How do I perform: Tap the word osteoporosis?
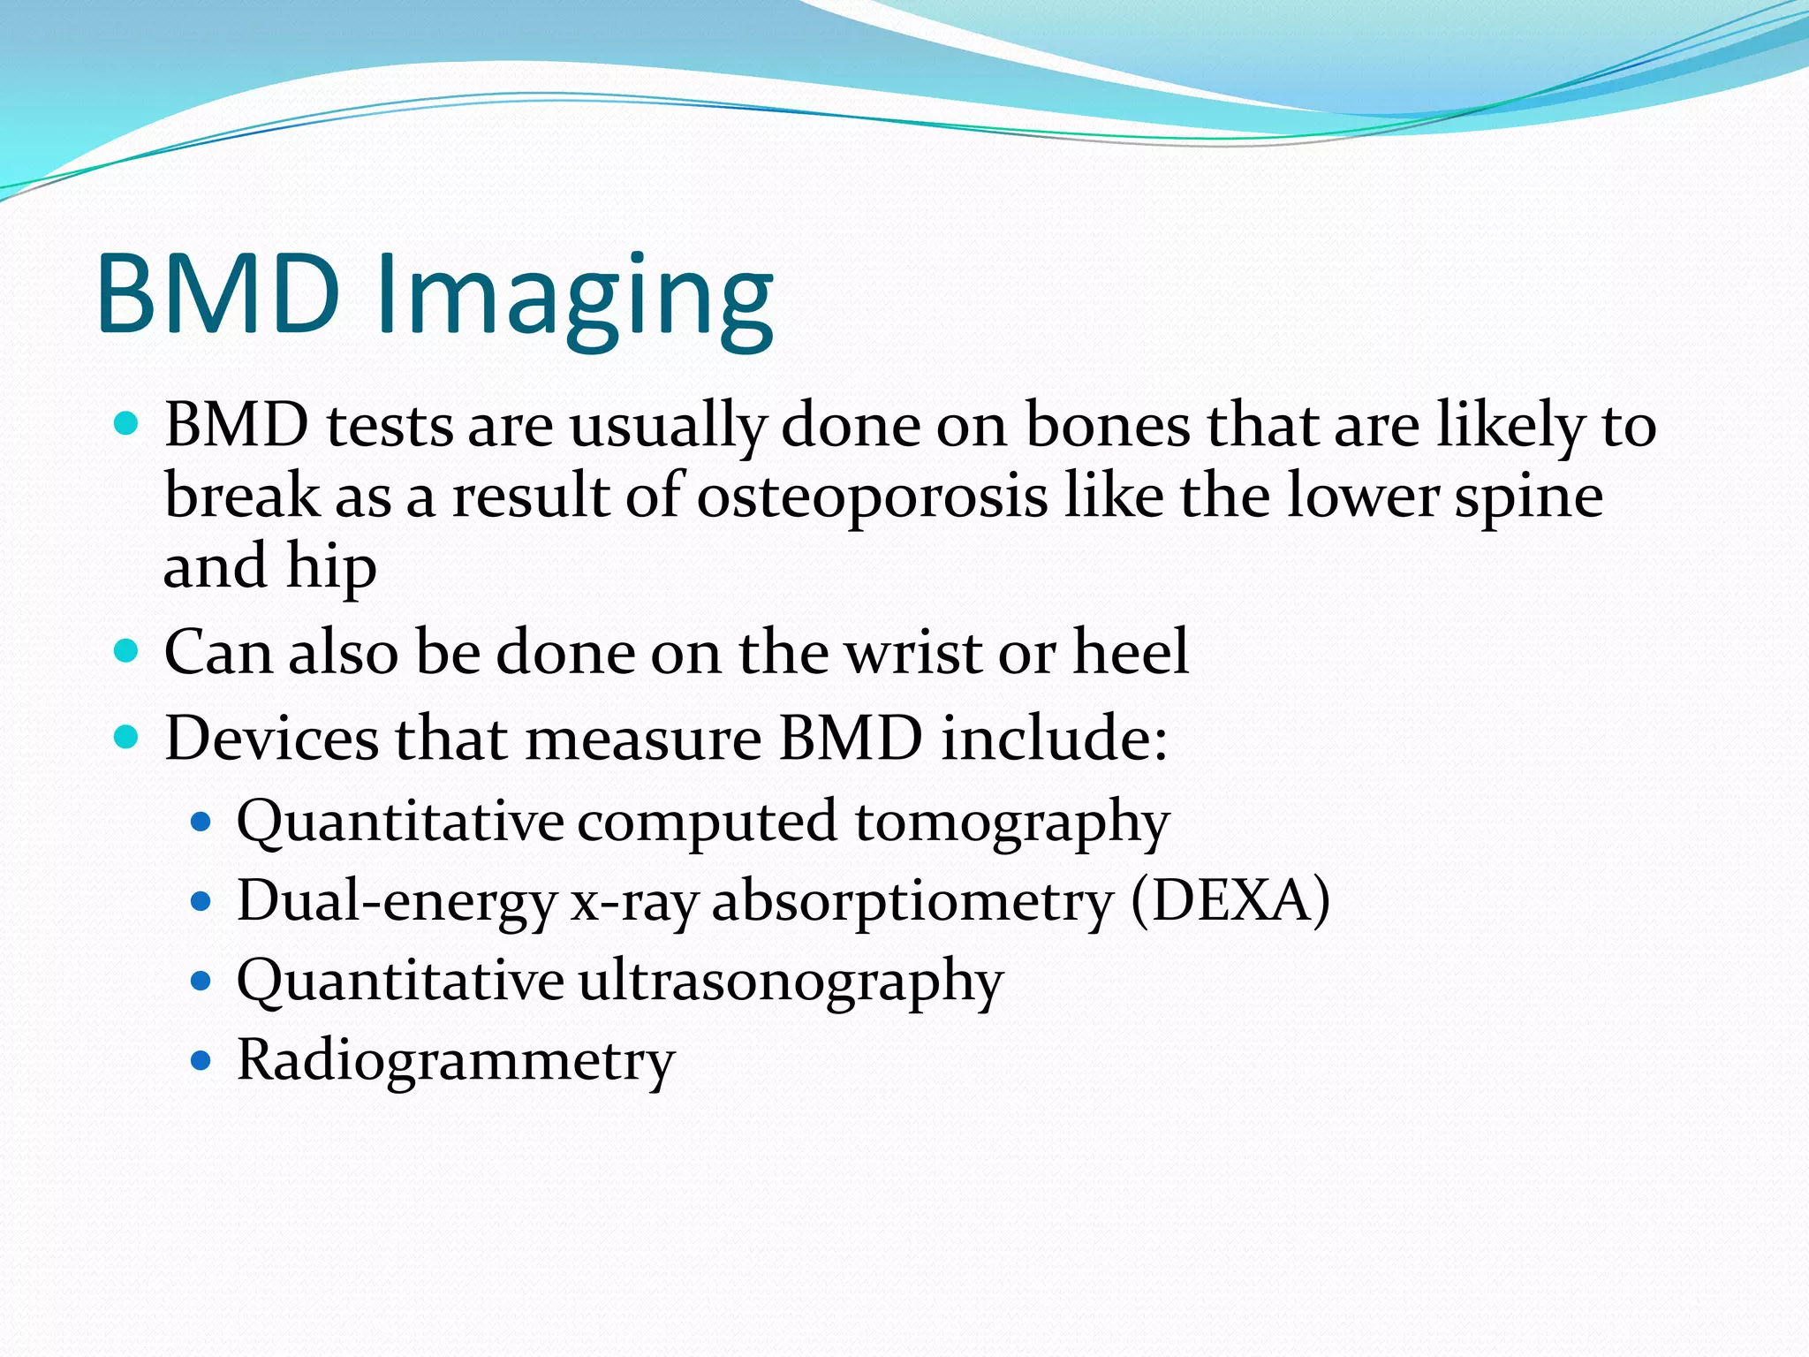click(872, 497)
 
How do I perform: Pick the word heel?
click(1131, 653)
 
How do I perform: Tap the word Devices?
click(271, 739)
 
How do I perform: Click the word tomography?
click(1011, 823)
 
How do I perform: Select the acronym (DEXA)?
click(1230, 902)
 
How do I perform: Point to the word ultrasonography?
click(791, 982)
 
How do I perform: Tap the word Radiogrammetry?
click(456, 1061)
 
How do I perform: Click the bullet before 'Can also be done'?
click(127, 652)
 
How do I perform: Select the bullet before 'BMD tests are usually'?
click(127, 425)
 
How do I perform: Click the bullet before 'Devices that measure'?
click(127, 737)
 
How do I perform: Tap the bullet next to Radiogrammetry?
click(201, 1060)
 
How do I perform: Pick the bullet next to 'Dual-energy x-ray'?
click(201, 902)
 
